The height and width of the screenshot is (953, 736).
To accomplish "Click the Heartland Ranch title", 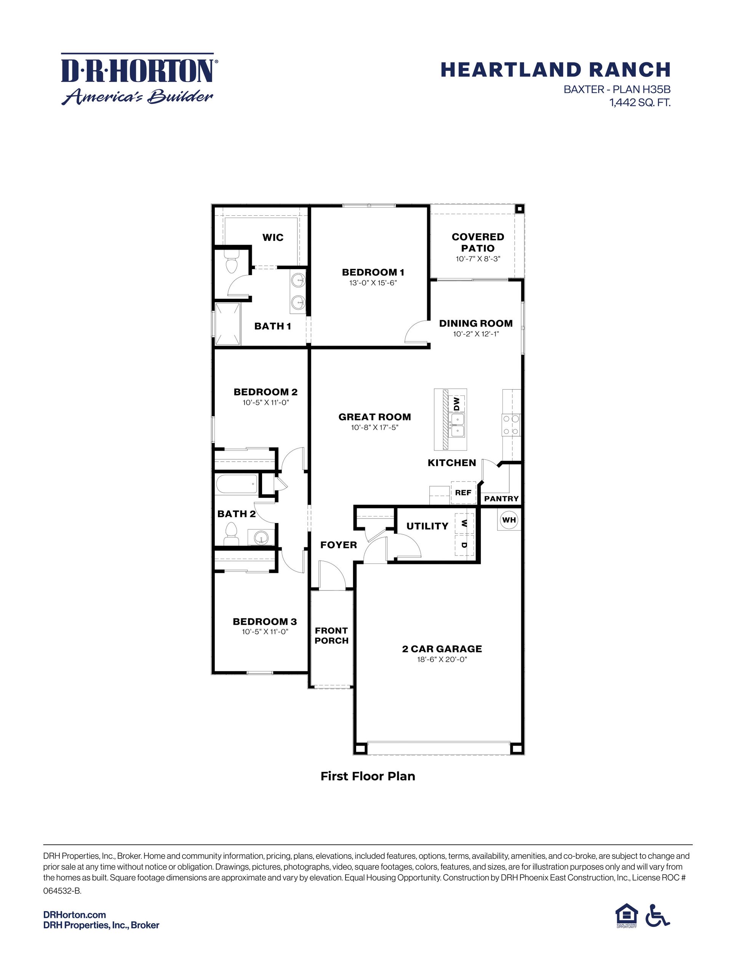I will point(555,70).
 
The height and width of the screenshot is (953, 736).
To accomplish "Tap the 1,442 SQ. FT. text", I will point(640,103).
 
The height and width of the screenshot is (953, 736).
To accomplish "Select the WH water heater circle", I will point(509,520).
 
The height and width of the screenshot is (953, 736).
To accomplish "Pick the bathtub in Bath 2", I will point(236,485).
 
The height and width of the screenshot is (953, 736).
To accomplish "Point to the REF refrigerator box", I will point(463,493).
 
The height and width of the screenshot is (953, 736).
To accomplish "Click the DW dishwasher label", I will point(456,403).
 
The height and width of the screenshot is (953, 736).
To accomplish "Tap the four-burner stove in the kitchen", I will point(511,425).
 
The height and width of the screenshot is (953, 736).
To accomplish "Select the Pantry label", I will point(501,498).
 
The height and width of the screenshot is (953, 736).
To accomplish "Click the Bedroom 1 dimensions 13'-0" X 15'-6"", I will point(373,283).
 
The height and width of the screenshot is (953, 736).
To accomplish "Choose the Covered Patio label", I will point(478,242).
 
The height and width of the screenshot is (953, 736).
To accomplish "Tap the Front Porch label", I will point(331,635).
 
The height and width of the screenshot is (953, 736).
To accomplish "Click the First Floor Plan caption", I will point(368,776).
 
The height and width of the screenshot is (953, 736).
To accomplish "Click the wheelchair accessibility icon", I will point(658,915).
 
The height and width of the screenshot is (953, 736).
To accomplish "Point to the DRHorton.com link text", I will point(75,914).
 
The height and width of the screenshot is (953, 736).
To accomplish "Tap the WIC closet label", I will point(273,237).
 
